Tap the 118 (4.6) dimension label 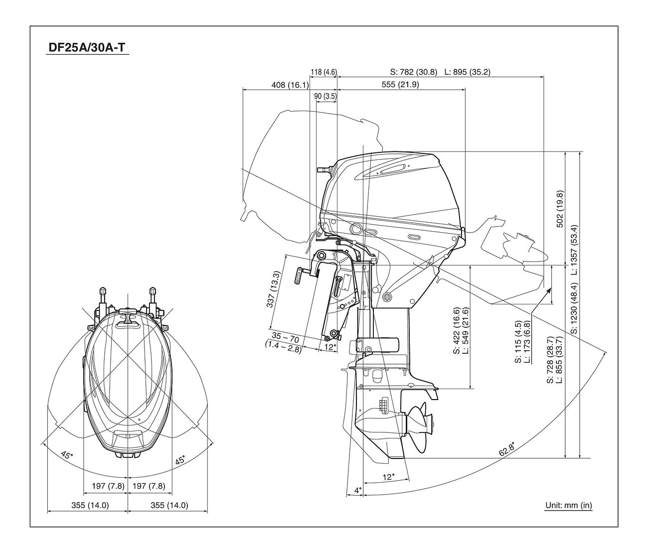pos(324,72)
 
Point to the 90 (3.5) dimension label pos(325,96)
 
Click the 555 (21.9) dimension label pos(400,85)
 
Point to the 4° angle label pos(357,490)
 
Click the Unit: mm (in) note pos(568,506)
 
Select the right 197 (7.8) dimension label pos(148,486)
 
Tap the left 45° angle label pos(66,454)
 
